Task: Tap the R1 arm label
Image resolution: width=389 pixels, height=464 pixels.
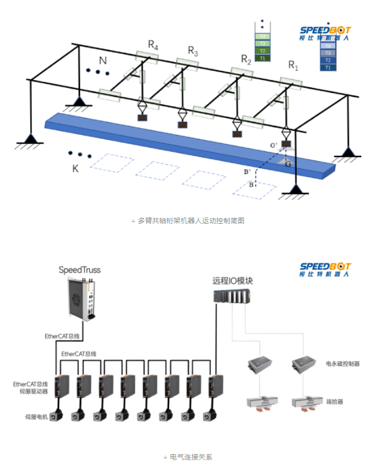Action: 293,65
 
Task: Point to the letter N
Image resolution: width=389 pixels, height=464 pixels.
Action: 103,60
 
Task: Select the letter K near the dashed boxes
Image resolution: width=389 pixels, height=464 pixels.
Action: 75,168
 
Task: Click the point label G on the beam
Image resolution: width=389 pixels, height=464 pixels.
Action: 288,164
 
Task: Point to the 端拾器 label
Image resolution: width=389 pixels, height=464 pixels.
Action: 335,402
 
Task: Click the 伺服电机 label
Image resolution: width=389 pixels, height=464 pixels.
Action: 35,416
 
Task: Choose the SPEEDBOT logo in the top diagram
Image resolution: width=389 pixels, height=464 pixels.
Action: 325,33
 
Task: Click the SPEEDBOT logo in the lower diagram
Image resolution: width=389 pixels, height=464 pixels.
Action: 325,270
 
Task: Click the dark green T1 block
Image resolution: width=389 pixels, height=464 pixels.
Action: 262,58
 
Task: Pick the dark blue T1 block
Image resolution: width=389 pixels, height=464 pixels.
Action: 328,67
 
